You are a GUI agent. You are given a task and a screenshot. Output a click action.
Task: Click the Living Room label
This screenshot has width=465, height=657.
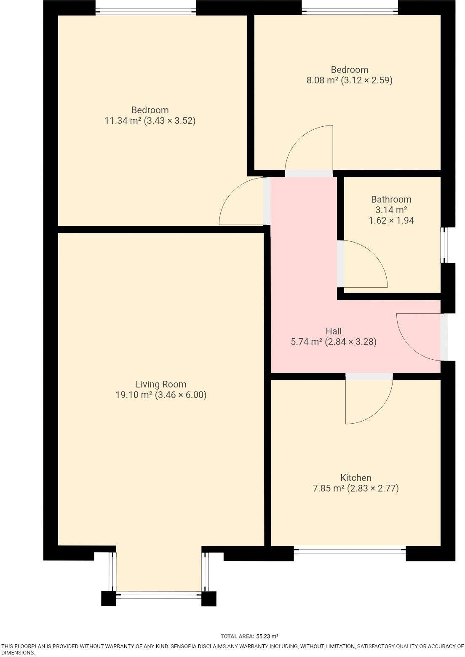(160, 384)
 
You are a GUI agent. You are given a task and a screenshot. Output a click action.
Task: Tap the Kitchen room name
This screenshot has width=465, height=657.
(355, 478)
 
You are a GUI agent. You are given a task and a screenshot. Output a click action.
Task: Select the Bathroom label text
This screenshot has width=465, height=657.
(391, 199)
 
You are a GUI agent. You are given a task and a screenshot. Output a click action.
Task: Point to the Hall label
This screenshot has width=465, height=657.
(333, 331)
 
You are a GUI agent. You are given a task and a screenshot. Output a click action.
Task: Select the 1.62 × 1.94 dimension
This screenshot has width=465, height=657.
(391, 220)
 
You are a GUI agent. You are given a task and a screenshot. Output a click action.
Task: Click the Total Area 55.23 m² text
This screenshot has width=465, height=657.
(249, 636)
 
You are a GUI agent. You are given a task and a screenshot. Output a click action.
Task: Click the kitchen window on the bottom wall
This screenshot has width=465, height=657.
(350, 549)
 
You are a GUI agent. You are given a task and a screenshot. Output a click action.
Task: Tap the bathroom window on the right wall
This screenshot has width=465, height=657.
(444, 246)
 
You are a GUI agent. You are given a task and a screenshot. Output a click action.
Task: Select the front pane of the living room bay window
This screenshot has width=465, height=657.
(158, 595)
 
